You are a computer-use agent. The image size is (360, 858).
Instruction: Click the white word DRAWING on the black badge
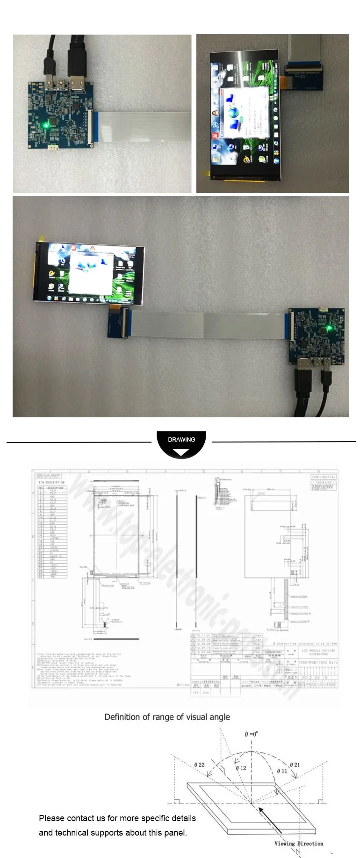pyautogui.click(x=181, y=439)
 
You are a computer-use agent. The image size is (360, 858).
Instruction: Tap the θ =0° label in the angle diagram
pyautogui.click(x=251, y=734)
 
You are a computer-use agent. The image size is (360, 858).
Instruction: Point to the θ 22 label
pyautogui.click(x=200, y=765)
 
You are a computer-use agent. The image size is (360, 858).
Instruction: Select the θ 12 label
pyautogui.click(x=241, y=768)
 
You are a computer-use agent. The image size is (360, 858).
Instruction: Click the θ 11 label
pyautogui.click(x=282, y=771)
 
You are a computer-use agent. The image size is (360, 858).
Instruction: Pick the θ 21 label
pyautogui.click(x=295, y=765)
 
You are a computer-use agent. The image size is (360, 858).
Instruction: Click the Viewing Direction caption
pyautogui.click(x=299, y=844)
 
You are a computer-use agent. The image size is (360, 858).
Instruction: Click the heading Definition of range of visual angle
pyautogui.click(x=167, y=717)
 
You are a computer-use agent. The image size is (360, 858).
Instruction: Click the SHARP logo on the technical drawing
pyautogui.click(x=49, y=476)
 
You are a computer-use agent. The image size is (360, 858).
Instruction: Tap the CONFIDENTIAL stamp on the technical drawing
pyautogui.click(x=323, y=477)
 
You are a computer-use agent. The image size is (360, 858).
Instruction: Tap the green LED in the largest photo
pyautogui.click(x=329, y=328)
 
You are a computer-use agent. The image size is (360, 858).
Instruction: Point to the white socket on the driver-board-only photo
pyautogui.click(x=54, y=148)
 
